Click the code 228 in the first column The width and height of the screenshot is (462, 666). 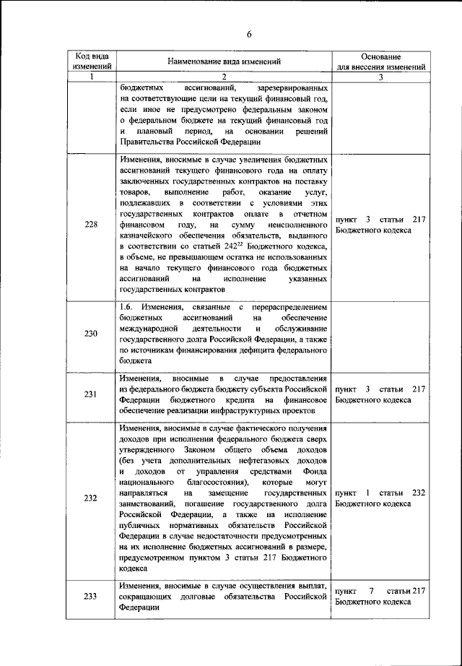[x=91, y=224]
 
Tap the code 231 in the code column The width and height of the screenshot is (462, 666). [x=91, y=394]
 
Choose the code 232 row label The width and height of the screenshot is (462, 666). [x=91, y=498]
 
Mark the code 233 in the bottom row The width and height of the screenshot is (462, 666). [x=91, y=596]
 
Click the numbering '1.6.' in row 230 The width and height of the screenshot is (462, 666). [x=128, y=308]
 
